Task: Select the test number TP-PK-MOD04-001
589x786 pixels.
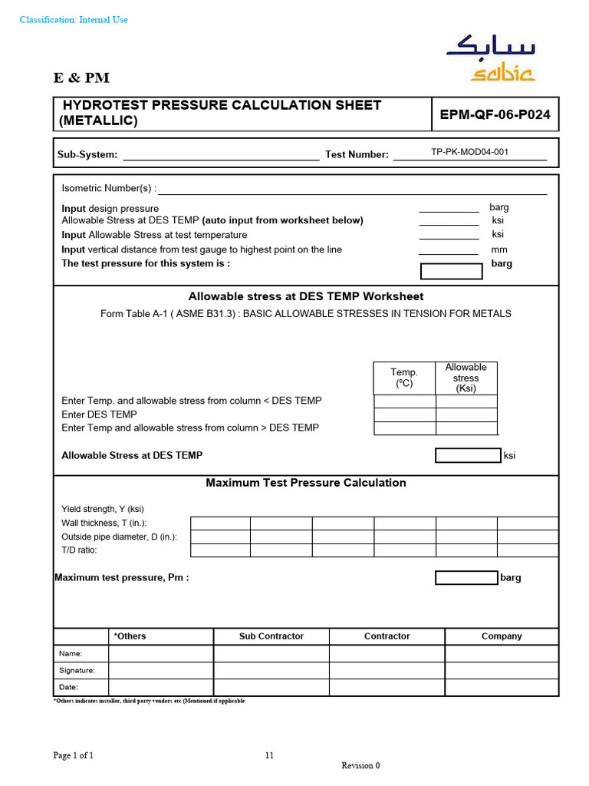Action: click(469, 152)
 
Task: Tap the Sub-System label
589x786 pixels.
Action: click(87, 155)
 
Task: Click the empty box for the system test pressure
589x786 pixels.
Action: click(452, 271)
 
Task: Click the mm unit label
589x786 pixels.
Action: click(499, 249)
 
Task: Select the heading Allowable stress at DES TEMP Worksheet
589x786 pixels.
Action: click(306, 296)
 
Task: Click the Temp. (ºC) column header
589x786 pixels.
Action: click(404, 378)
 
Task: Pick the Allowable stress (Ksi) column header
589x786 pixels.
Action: click(466, 378)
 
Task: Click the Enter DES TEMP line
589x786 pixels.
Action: click(100, 414)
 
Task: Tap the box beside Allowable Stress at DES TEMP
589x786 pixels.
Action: click(467, 455)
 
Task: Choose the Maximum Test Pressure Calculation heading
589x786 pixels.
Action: click(306, 483)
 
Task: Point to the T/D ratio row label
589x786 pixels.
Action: click(80, 550)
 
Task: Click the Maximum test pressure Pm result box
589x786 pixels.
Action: click(466, 578)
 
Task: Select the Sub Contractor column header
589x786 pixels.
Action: click(271, 636)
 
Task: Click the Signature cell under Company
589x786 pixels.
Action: click(502, 670)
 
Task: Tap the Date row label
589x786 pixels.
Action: click(69, 688)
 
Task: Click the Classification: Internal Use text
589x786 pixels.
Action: click(74, 20)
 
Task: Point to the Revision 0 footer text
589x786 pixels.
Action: click(360, 765)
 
